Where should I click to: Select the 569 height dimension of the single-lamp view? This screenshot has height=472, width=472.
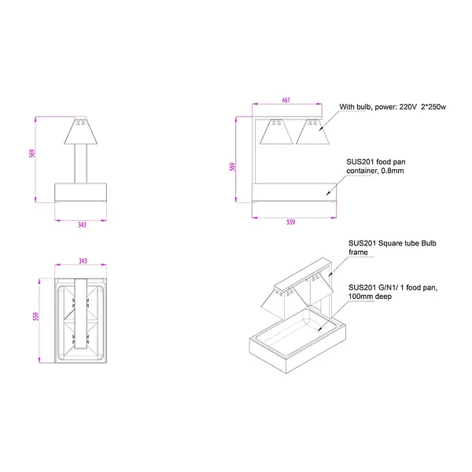pyautogui.click(x=32, y=154)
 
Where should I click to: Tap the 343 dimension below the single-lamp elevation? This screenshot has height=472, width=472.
pyautogui.click(x=82, y=224)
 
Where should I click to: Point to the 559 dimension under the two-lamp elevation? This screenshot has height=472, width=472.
pyautogui.click(x=290, y=223)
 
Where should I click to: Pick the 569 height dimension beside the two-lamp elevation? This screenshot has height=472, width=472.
pyautogui.click(x=233, y=168)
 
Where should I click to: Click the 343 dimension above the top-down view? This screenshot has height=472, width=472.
pyautogui.click(x=83, y=261)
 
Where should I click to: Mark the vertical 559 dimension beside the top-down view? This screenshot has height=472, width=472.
pyautogui.click(x=35, y=317)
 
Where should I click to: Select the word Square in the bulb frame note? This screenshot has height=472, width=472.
pyautogui.click(x=392, y=243)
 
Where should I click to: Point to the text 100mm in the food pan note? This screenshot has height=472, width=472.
pyautogui.click(x=360, y=297)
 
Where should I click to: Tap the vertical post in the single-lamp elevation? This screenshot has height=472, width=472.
pyautogui.click(x=80, y=164)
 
